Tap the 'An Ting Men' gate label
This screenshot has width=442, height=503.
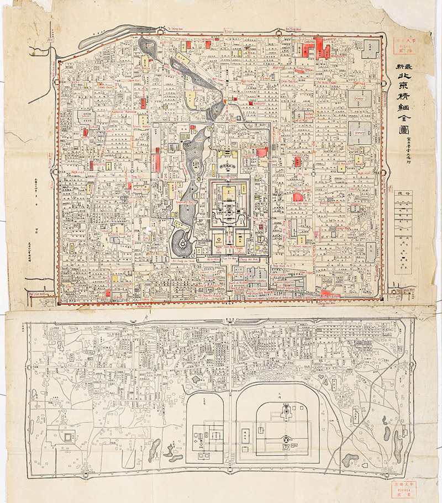(278, 28)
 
